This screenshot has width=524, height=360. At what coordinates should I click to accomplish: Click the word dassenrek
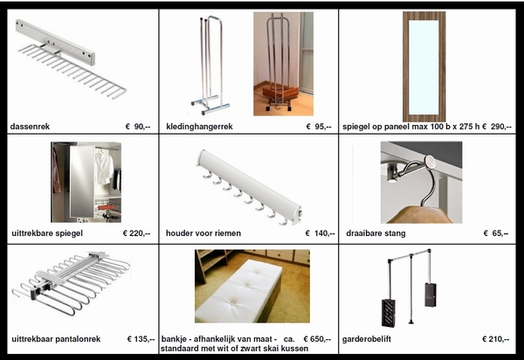[x=30, y=127]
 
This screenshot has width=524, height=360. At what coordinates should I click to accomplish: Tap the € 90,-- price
[x=138, y=127]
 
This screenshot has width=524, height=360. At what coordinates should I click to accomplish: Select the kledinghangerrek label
[x=199, y=127]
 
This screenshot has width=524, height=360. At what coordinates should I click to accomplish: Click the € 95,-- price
[x=319, y=127]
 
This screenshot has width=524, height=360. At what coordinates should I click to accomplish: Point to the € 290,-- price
[x=497, y=127]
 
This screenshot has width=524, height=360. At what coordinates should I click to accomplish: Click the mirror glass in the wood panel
[x=424, y=67]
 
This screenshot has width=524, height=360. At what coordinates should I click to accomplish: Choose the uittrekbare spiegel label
[x=47, y=233]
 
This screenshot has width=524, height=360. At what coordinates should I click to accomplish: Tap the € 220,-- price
[x=137, y=233]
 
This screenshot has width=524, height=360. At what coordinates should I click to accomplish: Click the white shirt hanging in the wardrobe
[x=104, y=167]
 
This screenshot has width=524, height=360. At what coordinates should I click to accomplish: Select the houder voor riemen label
[x=203, y=233]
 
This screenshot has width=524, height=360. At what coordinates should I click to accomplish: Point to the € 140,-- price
[x=320, y=233]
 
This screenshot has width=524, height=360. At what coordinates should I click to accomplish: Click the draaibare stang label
[x=376, y=233]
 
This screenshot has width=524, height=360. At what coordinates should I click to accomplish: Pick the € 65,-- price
[x=496, y=233]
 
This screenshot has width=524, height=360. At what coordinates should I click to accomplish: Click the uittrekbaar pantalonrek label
[x=56, y=339]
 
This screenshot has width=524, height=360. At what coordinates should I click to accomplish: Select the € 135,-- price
[x=141, y=339]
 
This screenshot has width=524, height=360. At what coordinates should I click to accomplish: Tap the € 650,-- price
[x=317, y=339]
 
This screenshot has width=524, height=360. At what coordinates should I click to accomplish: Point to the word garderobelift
[x=366, y=339]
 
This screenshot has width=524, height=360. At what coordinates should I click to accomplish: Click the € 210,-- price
[x=495, y=339]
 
